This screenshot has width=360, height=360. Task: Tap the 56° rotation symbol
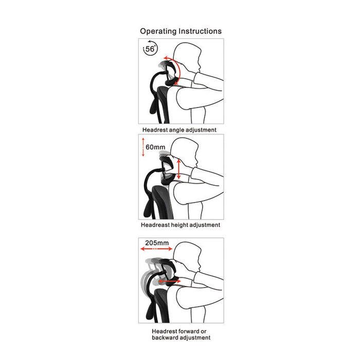click(150, 48)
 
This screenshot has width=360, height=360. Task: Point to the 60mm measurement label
click(155, 147)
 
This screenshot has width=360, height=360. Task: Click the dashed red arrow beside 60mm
click(143, 147)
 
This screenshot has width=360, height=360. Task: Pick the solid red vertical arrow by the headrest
click(179, 169)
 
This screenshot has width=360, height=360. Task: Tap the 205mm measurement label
click(157, 243)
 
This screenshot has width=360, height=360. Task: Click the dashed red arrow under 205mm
click(156, 248)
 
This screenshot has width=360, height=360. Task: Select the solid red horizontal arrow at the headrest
click(169, 281)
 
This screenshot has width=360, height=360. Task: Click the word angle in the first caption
click(177, 130)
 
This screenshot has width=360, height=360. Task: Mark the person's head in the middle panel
click(184, 153)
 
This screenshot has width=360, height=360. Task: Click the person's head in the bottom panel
click(187, 257)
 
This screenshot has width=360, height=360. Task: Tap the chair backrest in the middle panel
click(162, 202)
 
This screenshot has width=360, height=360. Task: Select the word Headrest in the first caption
click(155, 130)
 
